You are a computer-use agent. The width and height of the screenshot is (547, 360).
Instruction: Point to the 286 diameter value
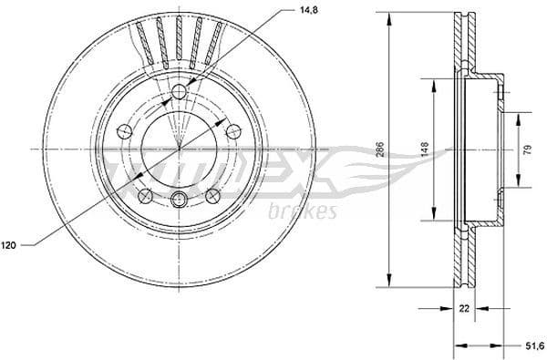point(380,149)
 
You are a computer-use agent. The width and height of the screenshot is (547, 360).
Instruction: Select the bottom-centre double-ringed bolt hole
point(180,201)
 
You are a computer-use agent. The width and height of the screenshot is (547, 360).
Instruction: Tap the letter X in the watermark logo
point(311,169)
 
